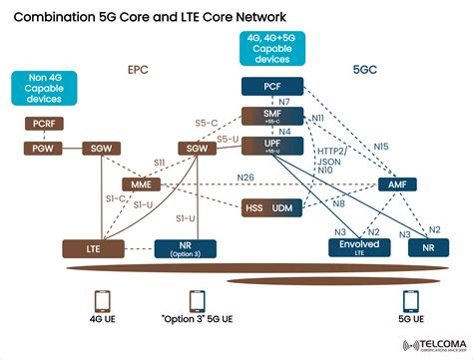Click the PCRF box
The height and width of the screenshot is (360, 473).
[x=43, y=124]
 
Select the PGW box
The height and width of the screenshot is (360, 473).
[x=43, y=148]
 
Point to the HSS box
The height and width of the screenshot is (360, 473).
[x=254, y=206]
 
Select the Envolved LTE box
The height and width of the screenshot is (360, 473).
[x=359, y=247]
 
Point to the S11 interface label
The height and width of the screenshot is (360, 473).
[x=158, y=161]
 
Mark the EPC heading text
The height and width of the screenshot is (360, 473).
[x=138, y=71]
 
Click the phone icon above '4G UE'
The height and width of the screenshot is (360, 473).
[x=101, y=301]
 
